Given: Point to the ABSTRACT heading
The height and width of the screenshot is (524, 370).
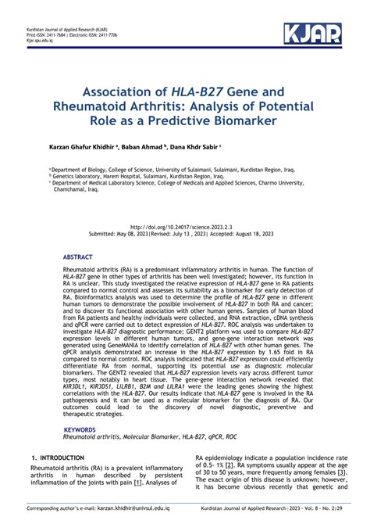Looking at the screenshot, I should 79,257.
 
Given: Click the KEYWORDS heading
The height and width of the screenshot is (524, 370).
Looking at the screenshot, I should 80,430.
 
